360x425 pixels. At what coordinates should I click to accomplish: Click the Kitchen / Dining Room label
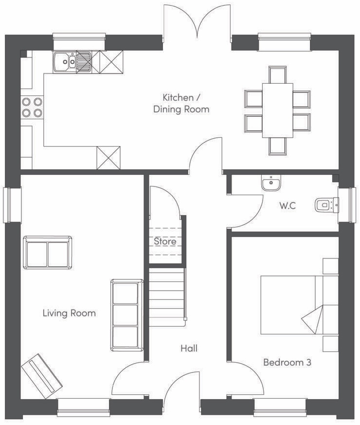tap(181, 103)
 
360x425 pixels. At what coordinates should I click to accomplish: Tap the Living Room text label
tap(70, 313)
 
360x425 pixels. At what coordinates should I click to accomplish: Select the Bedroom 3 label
tap(288, 362)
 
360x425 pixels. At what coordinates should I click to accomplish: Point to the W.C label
tap(288, 206)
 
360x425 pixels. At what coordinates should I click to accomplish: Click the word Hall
tap(189, 348)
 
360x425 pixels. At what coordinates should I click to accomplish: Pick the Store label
tap(165, 241)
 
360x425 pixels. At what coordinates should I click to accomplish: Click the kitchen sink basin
tap(65, 62)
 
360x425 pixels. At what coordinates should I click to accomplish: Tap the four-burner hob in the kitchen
tap(32, 107)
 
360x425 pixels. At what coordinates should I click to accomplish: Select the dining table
tap(278, 111)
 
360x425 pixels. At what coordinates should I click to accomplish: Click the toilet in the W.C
tap(327, 205)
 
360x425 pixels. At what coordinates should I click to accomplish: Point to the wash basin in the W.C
tap(271, 183)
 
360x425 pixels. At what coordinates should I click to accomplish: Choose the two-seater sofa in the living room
tap(48, 252)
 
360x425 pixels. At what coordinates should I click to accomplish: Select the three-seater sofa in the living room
tap(127, 315)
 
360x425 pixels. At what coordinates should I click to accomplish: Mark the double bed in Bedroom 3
tap(299, 305)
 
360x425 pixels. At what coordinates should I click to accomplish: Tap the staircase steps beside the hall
tap(167, 297)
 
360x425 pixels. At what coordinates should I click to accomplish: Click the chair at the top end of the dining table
tap(278, 75)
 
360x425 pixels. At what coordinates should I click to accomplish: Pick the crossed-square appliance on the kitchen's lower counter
tap(108, 158)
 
